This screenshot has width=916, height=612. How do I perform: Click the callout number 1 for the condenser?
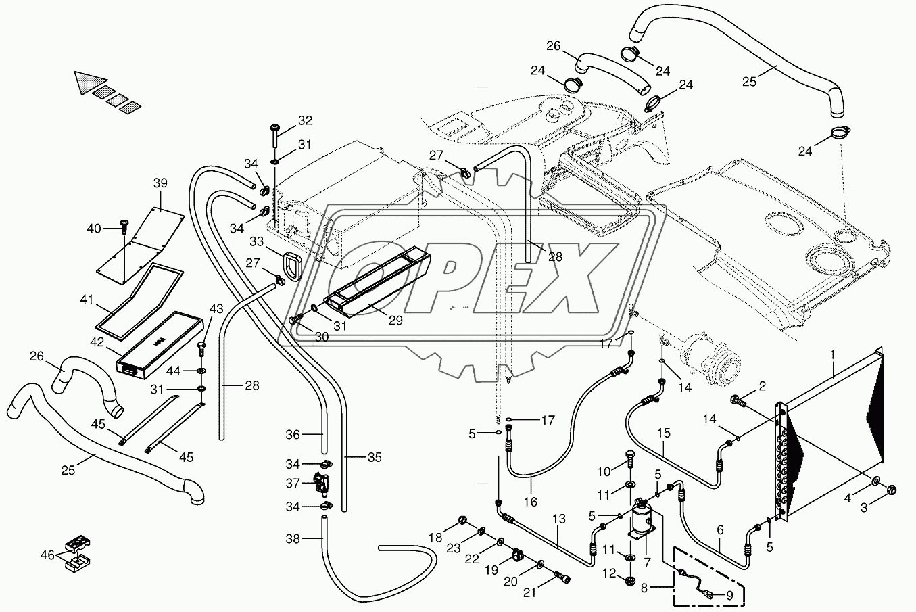point(833,353)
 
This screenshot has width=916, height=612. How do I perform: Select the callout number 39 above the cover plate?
point(160,183)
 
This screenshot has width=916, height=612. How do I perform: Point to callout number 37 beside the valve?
point(292,484)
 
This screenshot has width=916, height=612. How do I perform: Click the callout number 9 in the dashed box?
point(729,595)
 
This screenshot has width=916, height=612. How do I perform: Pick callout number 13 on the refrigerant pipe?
point(558,518)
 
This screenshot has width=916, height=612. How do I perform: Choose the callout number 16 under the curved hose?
point(531,502)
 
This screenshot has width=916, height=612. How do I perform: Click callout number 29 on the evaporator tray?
point(395,320)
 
